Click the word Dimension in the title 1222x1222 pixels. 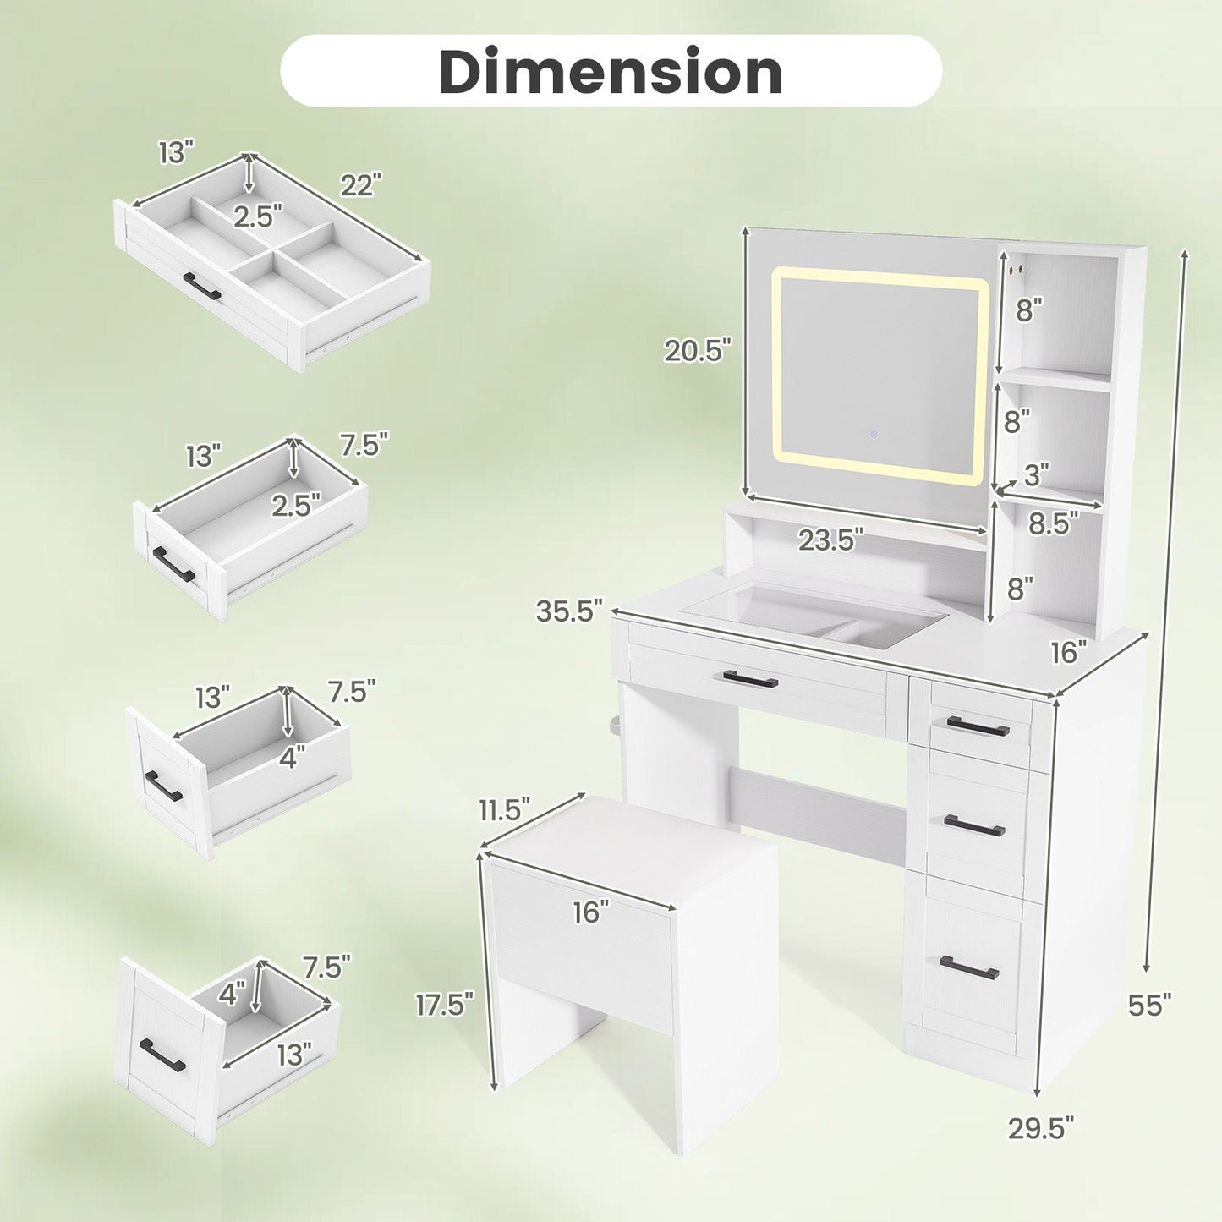tap(611, 72)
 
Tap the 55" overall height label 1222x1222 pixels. tap(1149, 1022)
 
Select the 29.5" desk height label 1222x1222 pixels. tap(1042, 1146)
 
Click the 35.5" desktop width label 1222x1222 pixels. tap(569, 611)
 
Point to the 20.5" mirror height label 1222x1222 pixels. tap(698, 349)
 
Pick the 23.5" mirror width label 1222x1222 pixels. tap(830, 540)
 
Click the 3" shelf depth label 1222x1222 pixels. tap(1037, 474)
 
